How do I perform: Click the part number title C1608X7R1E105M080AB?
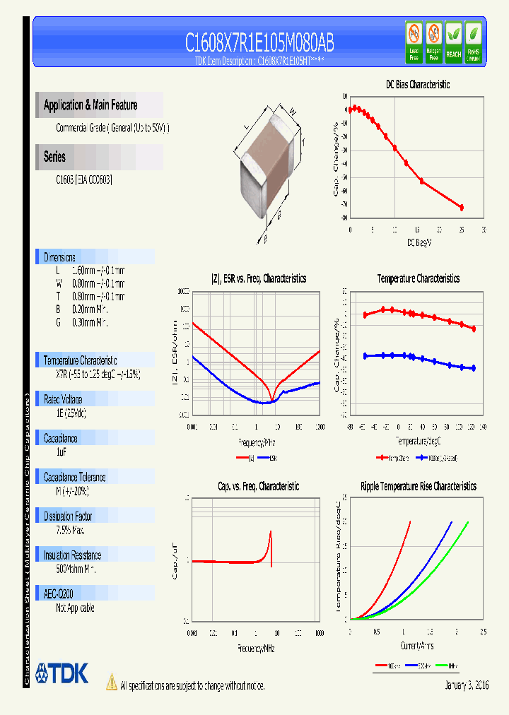click(259, 43)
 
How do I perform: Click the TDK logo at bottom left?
click(62, 673)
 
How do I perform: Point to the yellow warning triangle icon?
click(111, 682)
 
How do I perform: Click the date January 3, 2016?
click(467, 685)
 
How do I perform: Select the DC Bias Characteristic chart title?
click(417, 84)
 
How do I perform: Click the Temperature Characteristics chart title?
click(418, 279)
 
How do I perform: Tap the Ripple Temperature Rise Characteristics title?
click(418, 486)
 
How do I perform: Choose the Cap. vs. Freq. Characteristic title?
click(258, 486)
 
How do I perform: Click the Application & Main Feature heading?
click(90, 105)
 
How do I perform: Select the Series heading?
click(54, 157)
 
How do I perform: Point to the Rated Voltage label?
click(63, 399)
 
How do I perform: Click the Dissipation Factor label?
click(68, 516)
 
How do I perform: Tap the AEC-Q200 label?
click(58, 594)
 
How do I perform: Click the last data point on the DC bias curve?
click(462, 207)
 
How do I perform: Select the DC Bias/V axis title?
click(419, 242)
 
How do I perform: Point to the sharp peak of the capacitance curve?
click(271, 532)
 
